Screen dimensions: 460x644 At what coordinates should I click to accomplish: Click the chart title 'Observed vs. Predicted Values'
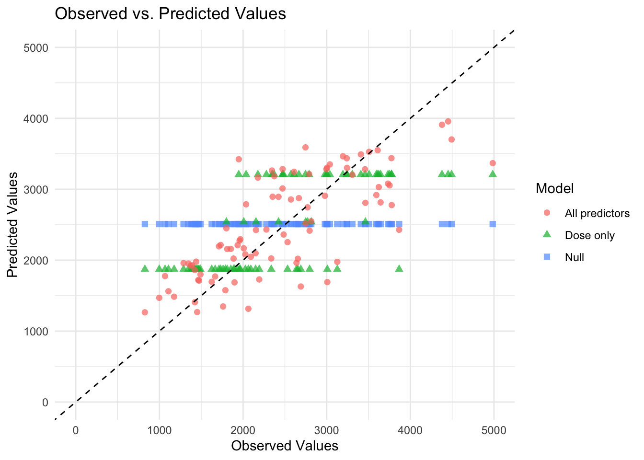tap(170, 13)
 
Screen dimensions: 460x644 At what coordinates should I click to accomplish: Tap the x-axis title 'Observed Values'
tap(285, 446)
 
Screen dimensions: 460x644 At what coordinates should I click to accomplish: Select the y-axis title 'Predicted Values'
tap(13, 225)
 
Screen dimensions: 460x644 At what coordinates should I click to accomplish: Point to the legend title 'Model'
tap(554, 188)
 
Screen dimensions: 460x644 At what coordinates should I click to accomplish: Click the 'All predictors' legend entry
tap(597, 213)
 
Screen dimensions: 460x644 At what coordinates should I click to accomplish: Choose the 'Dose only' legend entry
tap(589, 235)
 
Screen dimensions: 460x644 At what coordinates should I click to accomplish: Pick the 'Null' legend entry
tap(574, 257)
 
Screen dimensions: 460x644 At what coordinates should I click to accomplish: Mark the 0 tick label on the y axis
tap(45, 402)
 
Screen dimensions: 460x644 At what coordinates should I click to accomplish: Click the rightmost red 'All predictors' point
tap(493, 163)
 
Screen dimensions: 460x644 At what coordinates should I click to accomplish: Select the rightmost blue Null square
tap(493, 224)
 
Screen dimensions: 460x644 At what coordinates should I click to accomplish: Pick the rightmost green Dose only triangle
tap(493, 173)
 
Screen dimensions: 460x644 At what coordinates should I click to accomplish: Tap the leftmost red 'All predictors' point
tap(145, 312)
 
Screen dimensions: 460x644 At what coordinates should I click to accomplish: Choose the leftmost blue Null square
tap(145, 224)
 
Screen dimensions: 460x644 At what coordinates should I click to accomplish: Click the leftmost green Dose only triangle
tap(145, 268)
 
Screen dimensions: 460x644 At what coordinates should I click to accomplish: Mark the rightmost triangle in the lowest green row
tap(399, 268)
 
